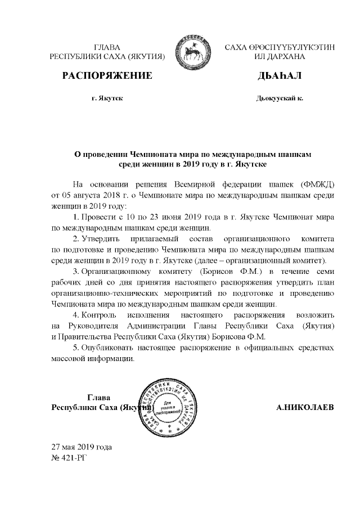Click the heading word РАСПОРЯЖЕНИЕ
coord(107,75)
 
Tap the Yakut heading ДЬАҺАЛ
coord(280,75)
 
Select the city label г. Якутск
coord(107,98)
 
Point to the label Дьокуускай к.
coord(280,98)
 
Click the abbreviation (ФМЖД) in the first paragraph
coord(317,184)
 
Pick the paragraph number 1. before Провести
coord(76,217)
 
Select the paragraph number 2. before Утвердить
coord(76,239)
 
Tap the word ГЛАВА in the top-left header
coord(107,47)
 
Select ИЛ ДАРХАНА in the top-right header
coord(280,57)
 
